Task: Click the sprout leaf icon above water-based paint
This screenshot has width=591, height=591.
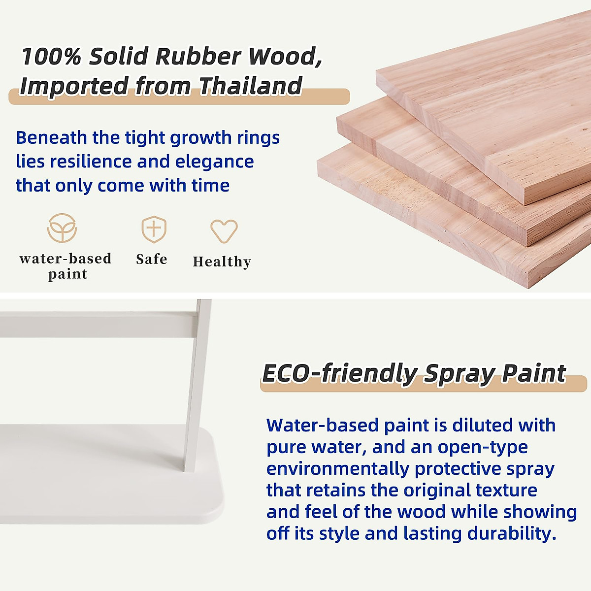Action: (x=62, y=228)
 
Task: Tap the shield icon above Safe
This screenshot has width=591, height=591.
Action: (x=154, y=229)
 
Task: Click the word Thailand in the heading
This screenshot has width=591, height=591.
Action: (x=251, y=86)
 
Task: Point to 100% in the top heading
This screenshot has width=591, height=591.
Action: (x=51, y=57)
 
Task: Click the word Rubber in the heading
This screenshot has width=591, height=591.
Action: (x=198, y=57)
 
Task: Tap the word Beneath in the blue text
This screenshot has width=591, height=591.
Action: (x=52, y=137)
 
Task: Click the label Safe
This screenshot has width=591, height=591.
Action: (x=152, y=259)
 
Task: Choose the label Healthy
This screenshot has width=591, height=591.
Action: (x=222, y=262)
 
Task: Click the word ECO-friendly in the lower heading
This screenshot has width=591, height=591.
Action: (x=340, y=373)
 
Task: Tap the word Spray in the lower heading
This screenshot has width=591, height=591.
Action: (x=460, y=374)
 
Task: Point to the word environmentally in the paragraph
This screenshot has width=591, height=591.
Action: (x=338, y=469)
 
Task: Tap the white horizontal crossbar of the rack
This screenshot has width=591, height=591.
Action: (x=98, y=325)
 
